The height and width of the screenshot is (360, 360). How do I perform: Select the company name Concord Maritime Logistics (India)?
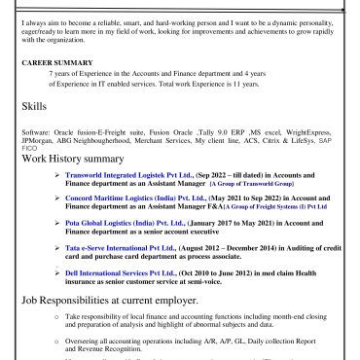131,198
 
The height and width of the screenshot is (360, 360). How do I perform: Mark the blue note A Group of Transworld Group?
250,183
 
